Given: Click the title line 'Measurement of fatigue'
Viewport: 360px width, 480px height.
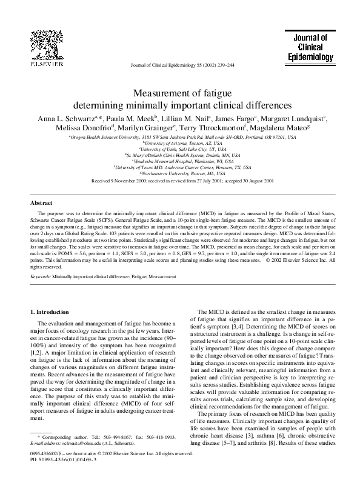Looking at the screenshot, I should coord(180,93).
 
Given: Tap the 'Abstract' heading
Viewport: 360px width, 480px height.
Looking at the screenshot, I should coord(42,203).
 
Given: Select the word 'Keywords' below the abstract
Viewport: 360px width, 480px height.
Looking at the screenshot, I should coord(41,276).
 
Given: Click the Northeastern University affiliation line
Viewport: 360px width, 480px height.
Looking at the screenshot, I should coord(180,173).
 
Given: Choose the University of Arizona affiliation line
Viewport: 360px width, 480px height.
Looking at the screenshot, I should coord(180,142).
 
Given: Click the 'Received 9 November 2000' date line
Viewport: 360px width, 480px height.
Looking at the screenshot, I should coord(180,181).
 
